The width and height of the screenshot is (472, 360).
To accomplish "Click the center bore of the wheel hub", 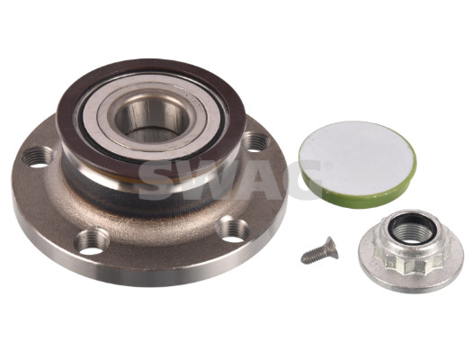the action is pos(152,119).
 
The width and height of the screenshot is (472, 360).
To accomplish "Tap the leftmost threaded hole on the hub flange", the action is pos(39,157).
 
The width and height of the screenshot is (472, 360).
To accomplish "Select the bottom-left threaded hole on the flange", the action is pos(92,241).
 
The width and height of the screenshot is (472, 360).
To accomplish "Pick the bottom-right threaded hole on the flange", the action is pos(233,230).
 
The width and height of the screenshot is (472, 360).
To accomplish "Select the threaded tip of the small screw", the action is pos(305,260).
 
